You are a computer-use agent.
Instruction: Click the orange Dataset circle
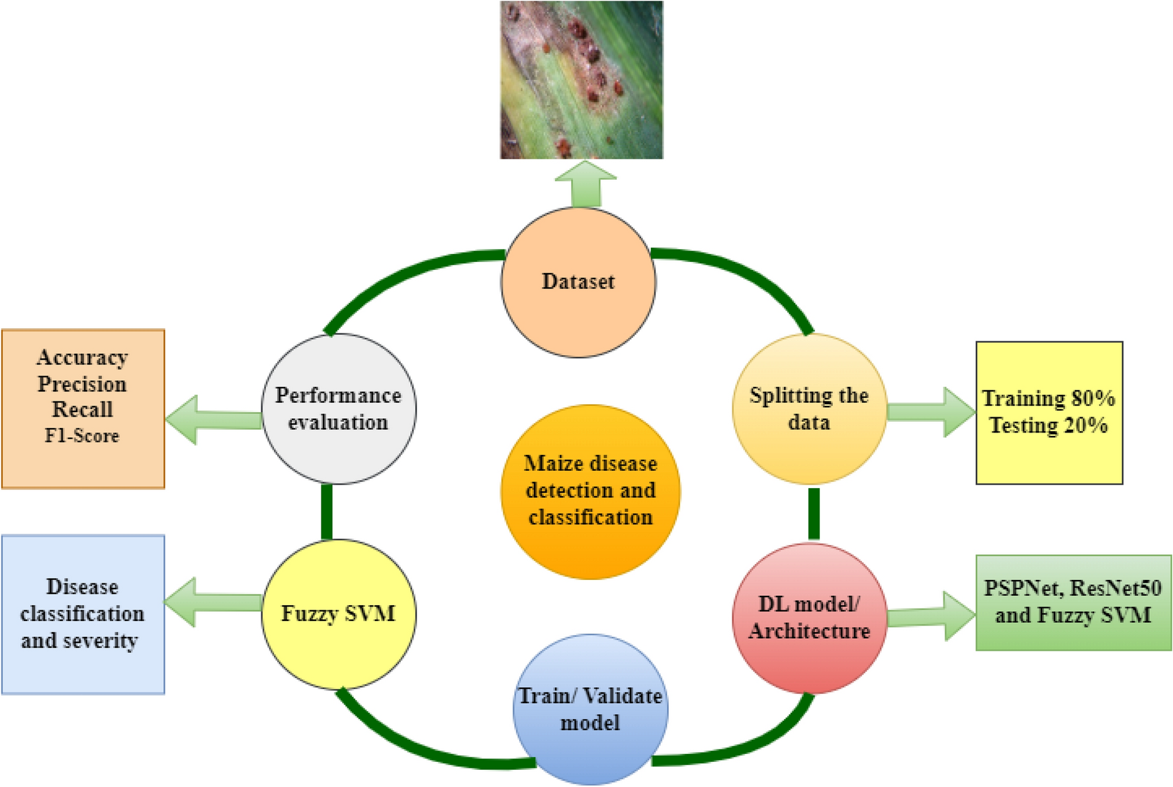578,282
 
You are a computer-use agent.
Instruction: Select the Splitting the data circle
809,409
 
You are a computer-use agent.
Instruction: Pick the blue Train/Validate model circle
590,710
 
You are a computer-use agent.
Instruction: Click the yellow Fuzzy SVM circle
339,614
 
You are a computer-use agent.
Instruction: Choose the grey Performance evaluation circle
339,409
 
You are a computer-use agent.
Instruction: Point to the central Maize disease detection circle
590,491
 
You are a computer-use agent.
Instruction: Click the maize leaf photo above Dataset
582,80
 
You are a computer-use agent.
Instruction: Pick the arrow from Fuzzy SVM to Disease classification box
212,602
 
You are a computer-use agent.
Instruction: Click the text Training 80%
1048,398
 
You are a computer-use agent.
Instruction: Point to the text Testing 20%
1048,425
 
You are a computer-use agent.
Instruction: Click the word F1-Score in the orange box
82,436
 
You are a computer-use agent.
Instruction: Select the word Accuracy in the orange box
82,358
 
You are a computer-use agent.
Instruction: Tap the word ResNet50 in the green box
1115,588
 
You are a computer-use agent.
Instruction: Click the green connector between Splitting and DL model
814,514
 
